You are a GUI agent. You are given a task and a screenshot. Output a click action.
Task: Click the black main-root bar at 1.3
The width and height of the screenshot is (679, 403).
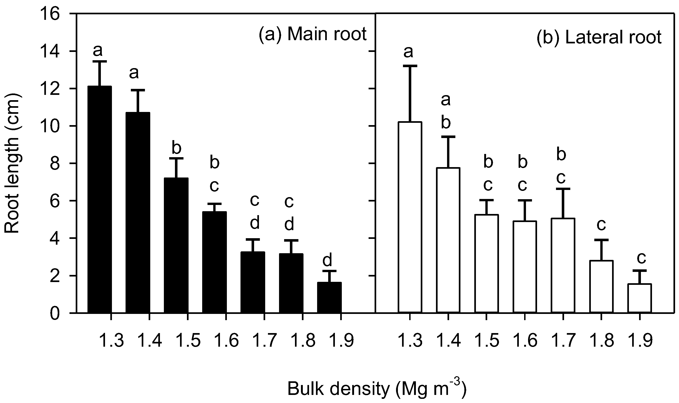[x=99, y=200]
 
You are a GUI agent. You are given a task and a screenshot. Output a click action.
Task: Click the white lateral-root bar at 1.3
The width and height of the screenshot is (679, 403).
[x=410, y=217]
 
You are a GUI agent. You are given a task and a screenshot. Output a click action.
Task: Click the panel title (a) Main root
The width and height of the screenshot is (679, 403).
[x=312, y=35]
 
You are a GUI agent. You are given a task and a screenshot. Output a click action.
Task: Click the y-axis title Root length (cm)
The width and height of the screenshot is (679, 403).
[x=12, y=163]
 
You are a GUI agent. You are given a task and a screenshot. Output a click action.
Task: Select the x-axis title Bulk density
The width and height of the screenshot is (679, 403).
[x=377, y=390]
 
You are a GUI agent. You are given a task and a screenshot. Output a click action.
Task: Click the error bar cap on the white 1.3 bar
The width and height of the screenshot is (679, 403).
[x=410, y=66]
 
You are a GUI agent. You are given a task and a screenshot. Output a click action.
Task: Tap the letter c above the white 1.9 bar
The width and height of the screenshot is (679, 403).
[x=641, y=258]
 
